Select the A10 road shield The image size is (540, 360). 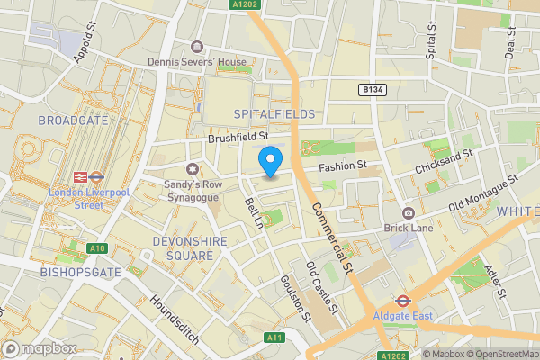(98, 248)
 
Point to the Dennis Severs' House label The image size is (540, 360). (197, 62)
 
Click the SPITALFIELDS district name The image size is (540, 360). (274, 114)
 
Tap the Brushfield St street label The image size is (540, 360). (238, 138)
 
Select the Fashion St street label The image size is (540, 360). (344, 166)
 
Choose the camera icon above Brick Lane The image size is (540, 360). (409, 212)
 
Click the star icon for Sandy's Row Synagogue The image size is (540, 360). (191, 169)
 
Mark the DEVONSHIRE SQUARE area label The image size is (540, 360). (171, 248)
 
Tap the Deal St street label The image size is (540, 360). (509, 41)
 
